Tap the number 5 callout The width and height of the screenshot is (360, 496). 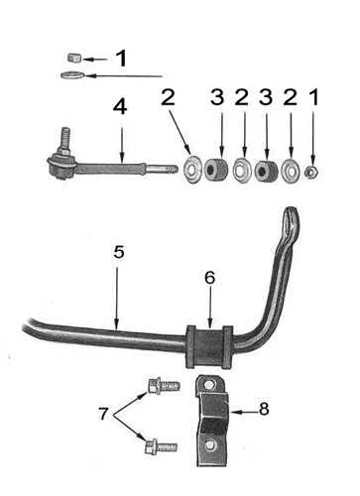coord(117,252)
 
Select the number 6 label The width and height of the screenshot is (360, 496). coord(209,280)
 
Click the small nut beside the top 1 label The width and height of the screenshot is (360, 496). coord(72,58)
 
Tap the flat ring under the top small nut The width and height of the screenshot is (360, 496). coord(70,74)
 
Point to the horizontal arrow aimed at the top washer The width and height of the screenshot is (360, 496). coord(124,75)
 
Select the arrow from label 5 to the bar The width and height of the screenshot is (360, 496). coord(117,293)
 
